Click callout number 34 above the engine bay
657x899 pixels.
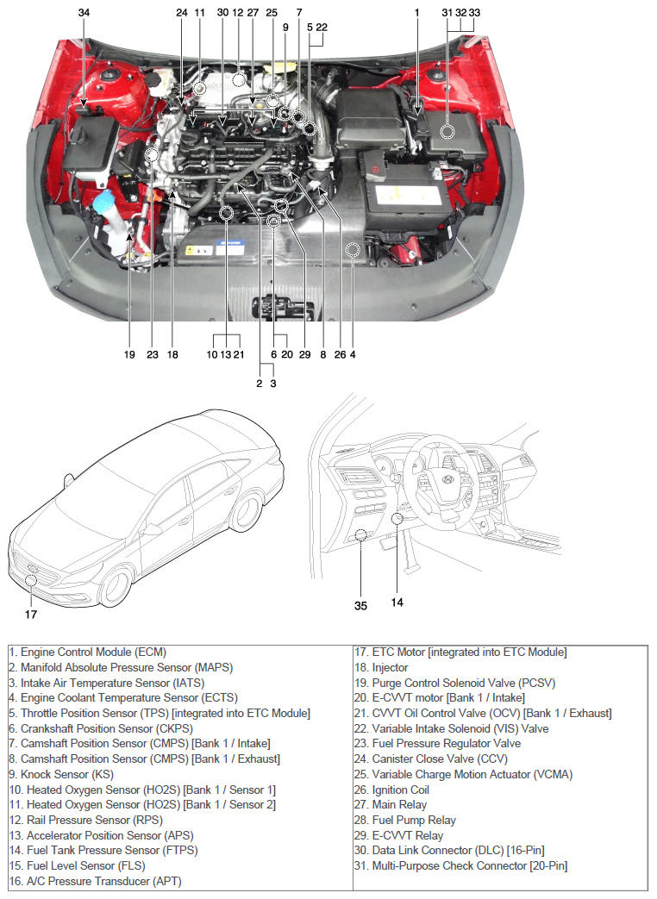click(83, 13)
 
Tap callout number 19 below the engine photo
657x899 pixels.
click(129, 354)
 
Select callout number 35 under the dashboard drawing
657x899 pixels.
click(360, 606)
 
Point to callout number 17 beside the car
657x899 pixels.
click(31, 615)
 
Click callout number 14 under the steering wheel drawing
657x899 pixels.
click(397, 602)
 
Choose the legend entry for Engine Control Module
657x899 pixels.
click(87, 652)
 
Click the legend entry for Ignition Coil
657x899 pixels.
click(401, 790)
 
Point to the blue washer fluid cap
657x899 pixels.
click(107, 202)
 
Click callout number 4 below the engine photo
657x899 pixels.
click(353, 354)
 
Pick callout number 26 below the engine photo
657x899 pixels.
click(338, 354)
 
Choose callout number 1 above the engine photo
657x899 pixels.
click(416, 13)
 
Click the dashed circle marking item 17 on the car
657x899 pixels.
click(32, 579)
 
